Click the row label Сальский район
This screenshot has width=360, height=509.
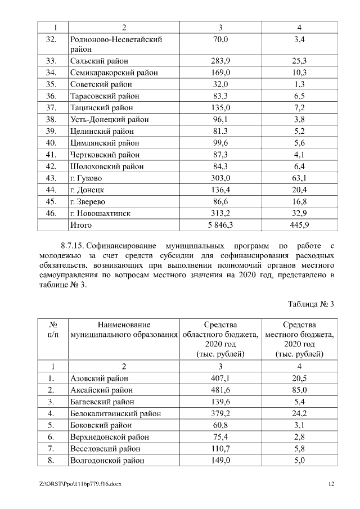point(99,61)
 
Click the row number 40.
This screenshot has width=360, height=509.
point(52,143)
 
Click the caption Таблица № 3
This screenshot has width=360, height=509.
point(311,304)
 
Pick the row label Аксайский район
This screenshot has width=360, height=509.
point(101,390)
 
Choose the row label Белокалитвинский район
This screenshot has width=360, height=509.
point(115,413)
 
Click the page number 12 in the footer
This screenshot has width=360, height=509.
point(331,484)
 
